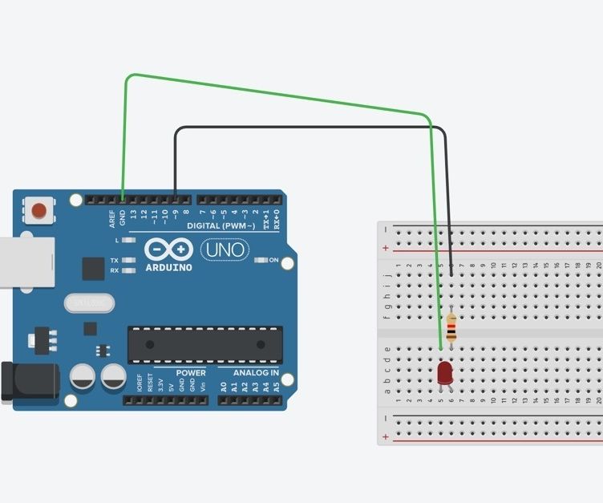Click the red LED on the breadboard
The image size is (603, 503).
(445, 371)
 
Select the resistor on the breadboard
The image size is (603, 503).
(451, 327)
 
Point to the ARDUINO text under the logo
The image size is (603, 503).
(168, 267)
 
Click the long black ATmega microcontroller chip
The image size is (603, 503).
(204, 345)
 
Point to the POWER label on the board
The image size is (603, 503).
(191, 373)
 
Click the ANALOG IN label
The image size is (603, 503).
(257, 373)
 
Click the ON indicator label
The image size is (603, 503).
(273, 260)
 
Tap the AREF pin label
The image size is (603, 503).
(112, 217)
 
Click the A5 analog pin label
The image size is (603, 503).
(277, 386)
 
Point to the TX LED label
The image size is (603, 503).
(115, 261)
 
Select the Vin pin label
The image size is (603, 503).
(203, 386)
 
